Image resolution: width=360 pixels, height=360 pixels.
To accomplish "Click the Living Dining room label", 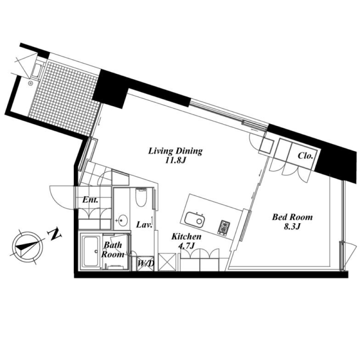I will coord(175,151).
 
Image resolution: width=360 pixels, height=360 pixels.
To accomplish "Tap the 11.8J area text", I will coord(175,160).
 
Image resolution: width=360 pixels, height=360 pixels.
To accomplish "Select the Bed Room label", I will coord(292,217).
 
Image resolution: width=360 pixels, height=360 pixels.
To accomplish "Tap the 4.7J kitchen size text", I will coord(185,246).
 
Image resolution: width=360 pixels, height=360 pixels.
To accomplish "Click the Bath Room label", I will coord(112,249).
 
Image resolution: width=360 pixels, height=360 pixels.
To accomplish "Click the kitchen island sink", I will coord(194,219).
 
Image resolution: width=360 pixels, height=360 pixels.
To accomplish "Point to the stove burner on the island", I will coord(224,227).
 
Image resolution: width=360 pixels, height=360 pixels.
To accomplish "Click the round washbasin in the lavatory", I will coord(121,220).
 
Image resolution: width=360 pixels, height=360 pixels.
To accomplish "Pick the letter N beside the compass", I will coord(55,234).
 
